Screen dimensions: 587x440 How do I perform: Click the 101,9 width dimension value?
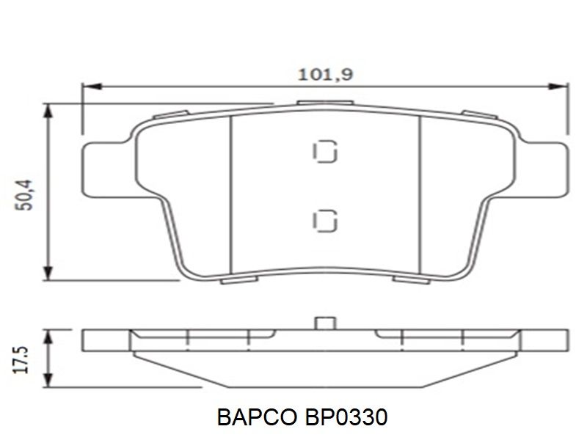point(325,75)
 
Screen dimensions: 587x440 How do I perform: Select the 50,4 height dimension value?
point(25,195)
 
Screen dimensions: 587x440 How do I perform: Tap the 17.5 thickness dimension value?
point(21,359)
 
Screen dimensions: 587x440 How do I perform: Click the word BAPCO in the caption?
point(256,417)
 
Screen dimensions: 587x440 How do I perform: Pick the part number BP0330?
point(346,417)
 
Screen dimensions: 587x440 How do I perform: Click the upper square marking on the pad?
point(324,152)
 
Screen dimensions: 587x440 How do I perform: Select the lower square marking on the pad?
point(324,221)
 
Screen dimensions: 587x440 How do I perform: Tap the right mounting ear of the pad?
point(544,169)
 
